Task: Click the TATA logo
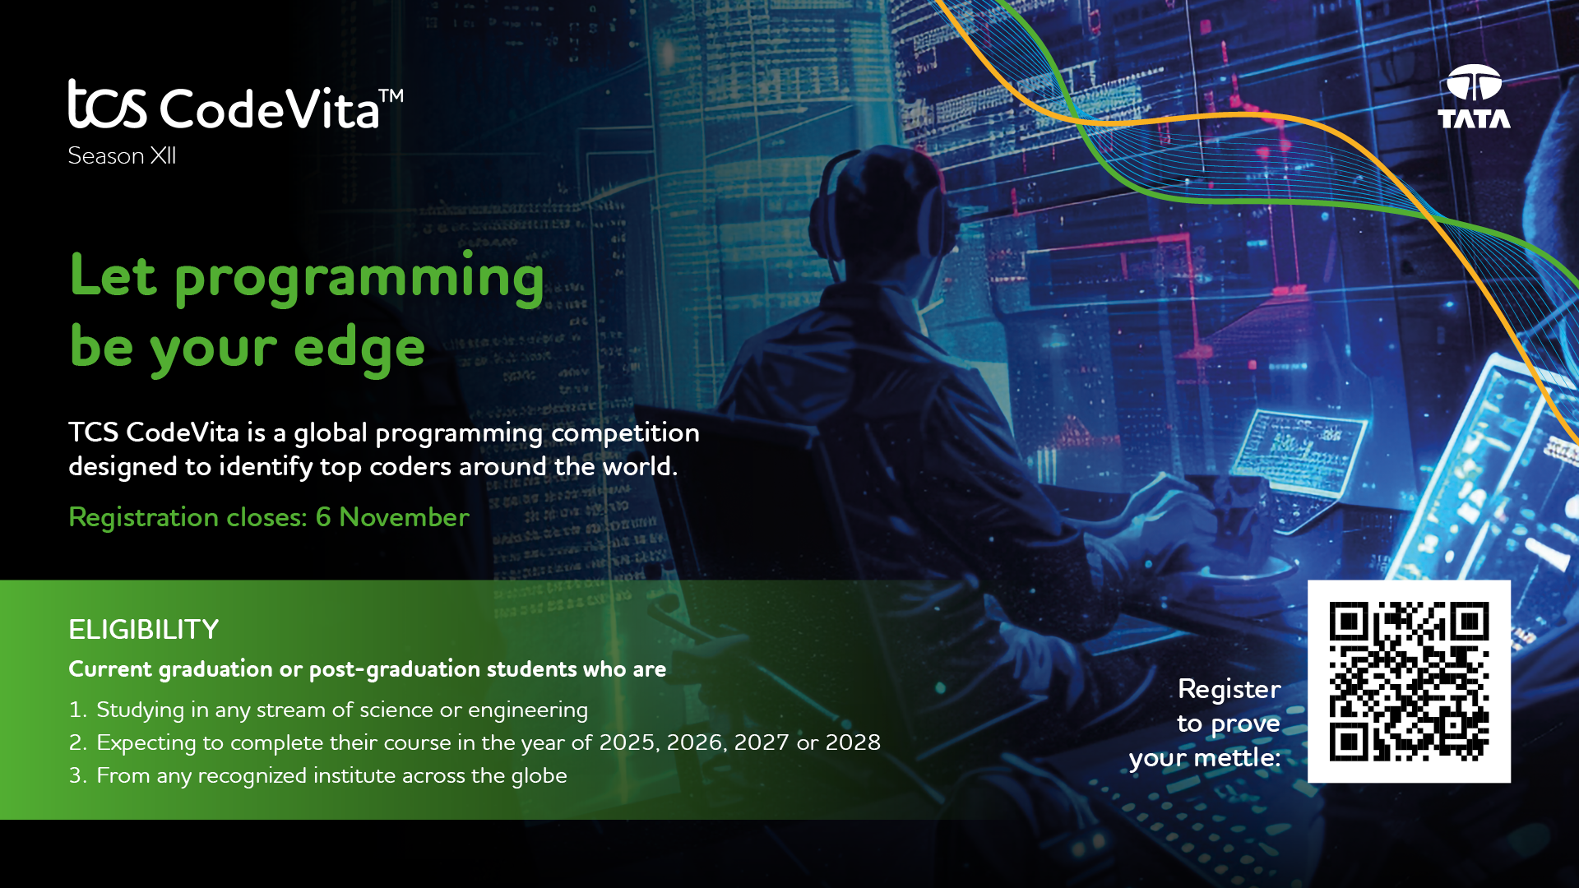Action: (1474, 96)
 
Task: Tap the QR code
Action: (1409, 681)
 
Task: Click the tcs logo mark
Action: (107, 104)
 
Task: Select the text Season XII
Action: (122, 155)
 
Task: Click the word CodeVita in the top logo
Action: (269, 108)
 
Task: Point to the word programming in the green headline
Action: (359, 280)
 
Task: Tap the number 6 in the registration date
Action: (323, 516)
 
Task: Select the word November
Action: (404, 516)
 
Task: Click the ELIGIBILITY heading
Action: (144, 630)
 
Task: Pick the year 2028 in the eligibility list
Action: (853, 742)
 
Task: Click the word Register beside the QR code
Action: (1229, 689)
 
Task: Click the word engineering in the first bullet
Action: (528, 710)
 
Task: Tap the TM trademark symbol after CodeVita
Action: (391, 95)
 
